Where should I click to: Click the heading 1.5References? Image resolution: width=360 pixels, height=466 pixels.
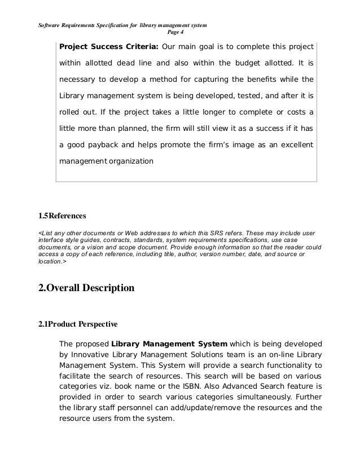pos(62,216)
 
